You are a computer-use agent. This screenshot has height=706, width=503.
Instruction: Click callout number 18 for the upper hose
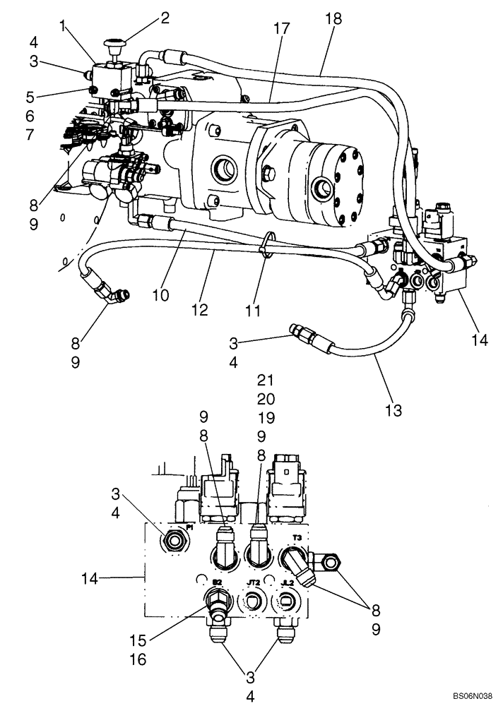click(333, 20)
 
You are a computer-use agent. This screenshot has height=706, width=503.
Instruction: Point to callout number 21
click(265, 379)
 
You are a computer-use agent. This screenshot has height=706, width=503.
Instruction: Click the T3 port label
click(297, 537)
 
